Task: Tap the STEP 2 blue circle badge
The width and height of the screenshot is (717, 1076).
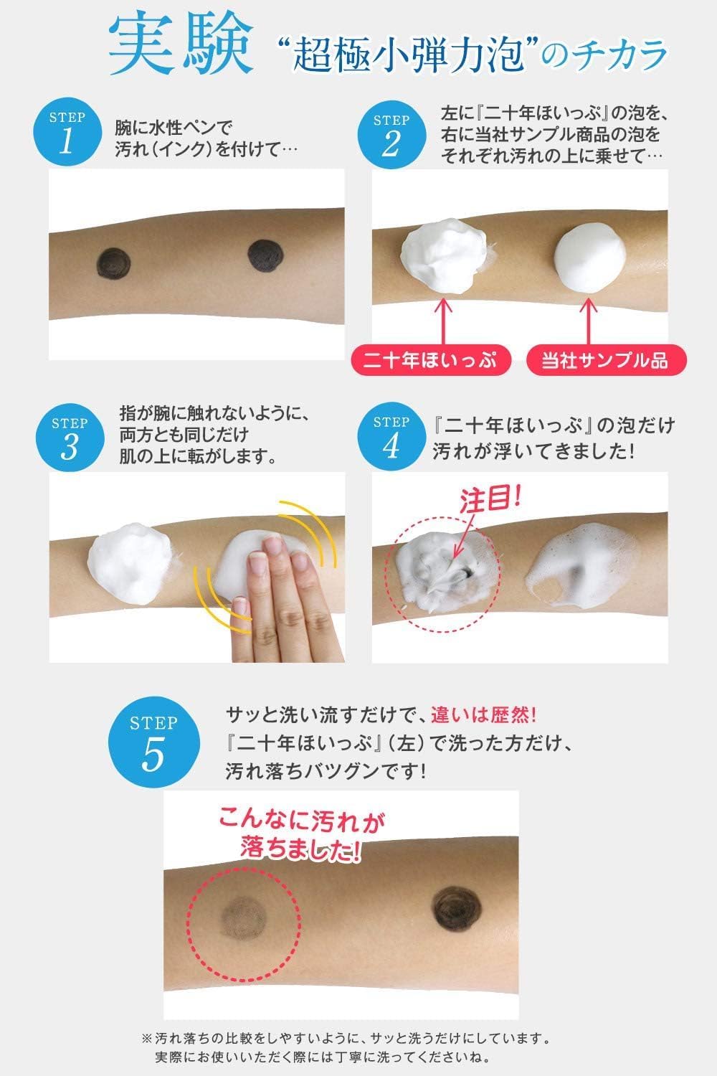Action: tap(391, 135)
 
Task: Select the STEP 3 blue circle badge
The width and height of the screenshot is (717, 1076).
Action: tap(70, 438)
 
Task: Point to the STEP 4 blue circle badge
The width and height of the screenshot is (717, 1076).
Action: tap(391, 437)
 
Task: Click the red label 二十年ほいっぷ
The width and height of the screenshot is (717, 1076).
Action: tap(430, 360)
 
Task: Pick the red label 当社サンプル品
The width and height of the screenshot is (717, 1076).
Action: tap(605, 360)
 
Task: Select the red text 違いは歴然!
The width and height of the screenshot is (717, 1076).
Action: tap(483, 714)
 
